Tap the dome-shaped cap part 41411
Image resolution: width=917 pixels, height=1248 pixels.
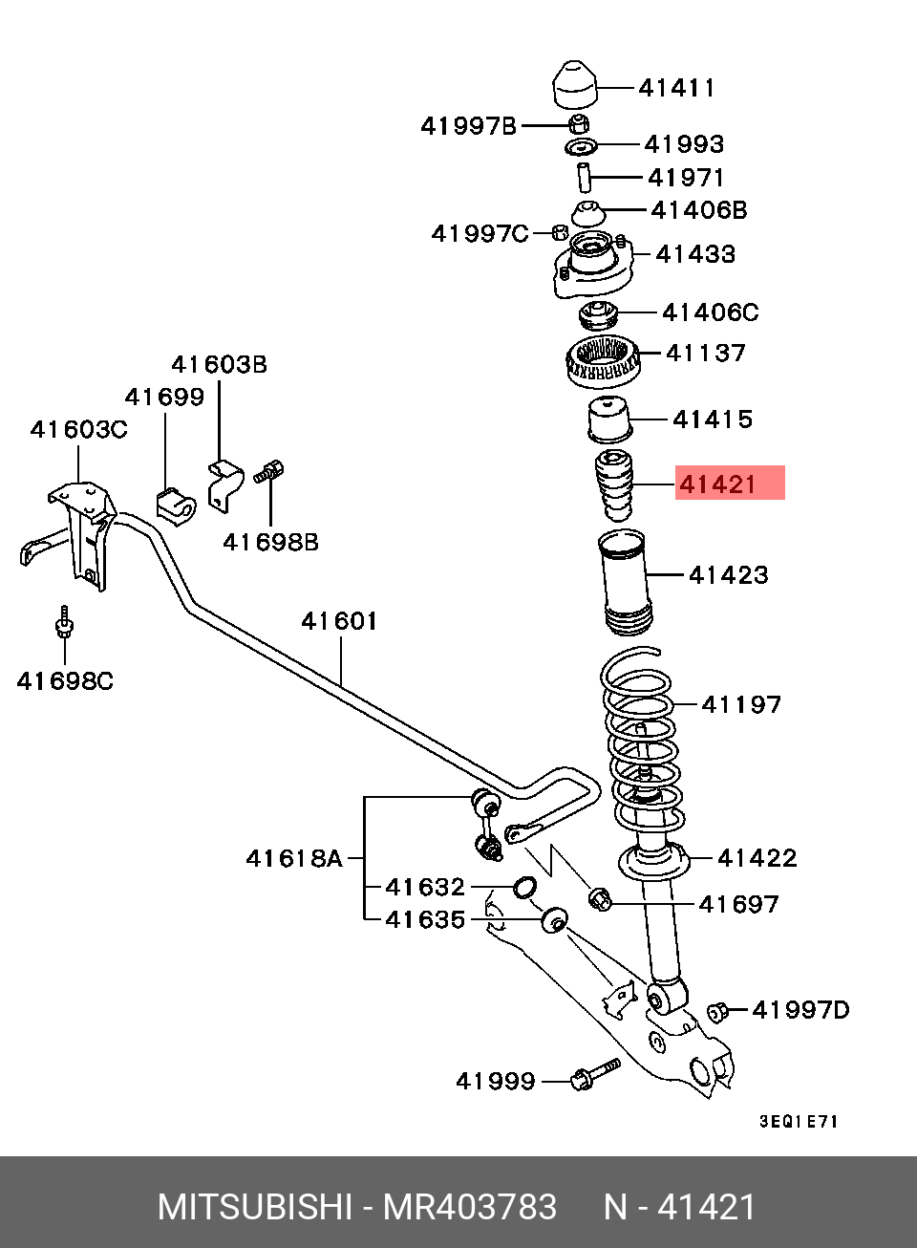tap(575, 86)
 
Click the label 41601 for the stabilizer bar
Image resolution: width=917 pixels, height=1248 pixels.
tap(339, 621)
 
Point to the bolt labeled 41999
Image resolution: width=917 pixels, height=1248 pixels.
tap(595, 1074)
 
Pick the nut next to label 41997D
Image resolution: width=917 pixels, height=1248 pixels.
tap(717, 1011)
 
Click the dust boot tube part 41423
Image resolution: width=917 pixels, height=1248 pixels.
tap(625, 583)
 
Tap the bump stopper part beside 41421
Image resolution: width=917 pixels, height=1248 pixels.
tap(614, 484)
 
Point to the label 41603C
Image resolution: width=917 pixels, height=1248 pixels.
tap(78, 430)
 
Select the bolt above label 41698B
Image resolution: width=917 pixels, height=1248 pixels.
tap(269, 471)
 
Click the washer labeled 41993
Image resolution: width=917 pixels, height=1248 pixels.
tap(580, 146)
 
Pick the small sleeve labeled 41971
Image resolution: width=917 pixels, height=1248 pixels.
tap(583, 177)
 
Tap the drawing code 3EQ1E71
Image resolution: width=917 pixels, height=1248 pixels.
tap(799, 1121)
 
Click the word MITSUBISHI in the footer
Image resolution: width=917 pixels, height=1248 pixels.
tap(254, 1207)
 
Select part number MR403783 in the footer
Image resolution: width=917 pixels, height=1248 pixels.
tap(469, 1207)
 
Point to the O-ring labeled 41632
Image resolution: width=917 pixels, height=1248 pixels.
tap(524, 887)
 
